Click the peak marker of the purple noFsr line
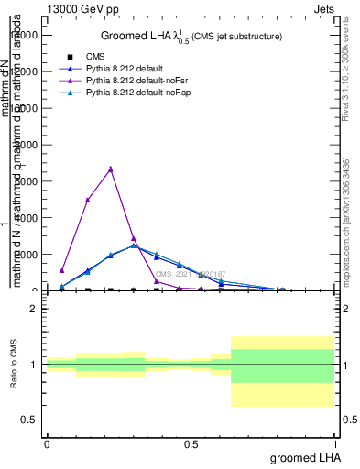(111, 169)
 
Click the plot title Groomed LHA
(191, 36)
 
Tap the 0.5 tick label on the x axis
(191, 444)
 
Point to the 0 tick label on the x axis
(47, 444)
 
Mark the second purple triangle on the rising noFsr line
(88, 200)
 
